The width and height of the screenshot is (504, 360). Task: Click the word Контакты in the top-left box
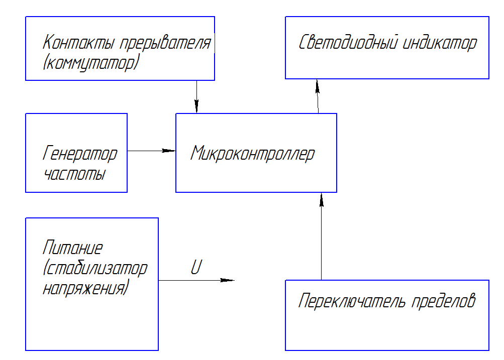[78, 42]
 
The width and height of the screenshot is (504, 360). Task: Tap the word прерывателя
[165, 42]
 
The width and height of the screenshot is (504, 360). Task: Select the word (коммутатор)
[91, 63]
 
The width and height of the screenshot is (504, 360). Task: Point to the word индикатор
[440, 43]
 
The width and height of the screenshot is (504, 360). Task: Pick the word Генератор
[80, 154]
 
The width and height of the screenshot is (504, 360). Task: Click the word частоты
[75, 174]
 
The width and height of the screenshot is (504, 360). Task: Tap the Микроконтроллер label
[253, 154]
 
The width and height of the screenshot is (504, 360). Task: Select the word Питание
[73, 248]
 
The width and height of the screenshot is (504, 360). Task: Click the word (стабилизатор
[95, 269]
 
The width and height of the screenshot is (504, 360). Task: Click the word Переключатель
[352, 301]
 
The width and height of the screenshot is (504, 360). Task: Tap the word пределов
[443, 301]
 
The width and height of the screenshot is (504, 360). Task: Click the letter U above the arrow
[196, 267]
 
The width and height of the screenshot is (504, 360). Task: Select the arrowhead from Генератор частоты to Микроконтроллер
[168, 151]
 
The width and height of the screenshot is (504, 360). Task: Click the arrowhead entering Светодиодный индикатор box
[317, 86]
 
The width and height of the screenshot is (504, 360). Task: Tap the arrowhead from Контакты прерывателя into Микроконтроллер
[196, 106]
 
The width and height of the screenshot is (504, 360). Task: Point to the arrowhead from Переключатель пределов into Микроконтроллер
[322, 200]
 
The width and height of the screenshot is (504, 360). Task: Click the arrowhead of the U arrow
[228, 280]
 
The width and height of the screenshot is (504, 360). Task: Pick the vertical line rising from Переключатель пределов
[322, 236]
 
